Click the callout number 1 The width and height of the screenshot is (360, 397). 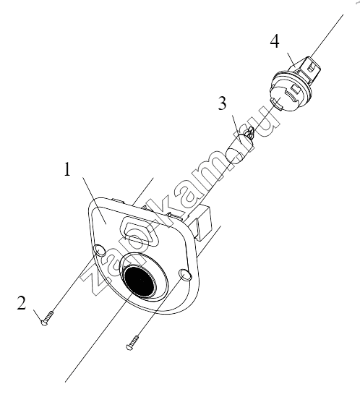[x=67, y=169]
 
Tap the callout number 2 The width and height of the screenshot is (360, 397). [x=22, y=303]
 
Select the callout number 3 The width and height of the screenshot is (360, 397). [x=222, y=103]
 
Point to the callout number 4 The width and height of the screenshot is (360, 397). [x=275, y=41]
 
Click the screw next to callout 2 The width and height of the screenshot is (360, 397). [x=47, y=318]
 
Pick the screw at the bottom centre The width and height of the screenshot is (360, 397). [x=132, y=343]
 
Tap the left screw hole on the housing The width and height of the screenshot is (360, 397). [x=99, y=251]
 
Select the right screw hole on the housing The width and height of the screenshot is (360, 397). [x=185, y=276]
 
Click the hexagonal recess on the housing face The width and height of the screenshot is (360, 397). [x=140, y=231]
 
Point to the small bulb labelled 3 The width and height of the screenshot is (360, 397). [x=241, y=146]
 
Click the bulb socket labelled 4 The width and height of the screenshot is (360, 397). [x=293, y=84]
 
